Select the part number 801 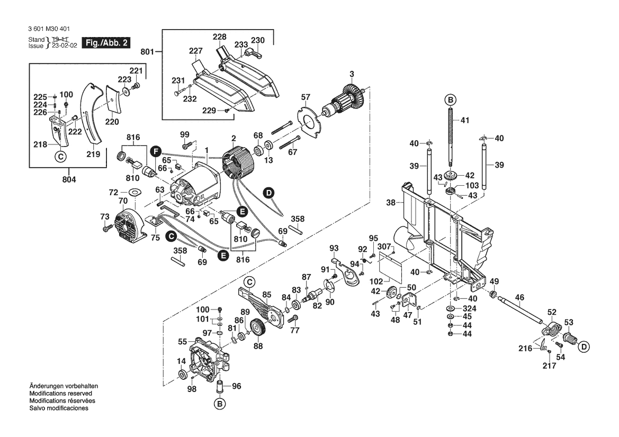(x=147, y=52)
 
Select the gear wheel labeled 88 (x=258, y=331)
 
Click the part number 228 (x=219, y=37)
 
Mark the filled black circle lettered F (x=155, y=150)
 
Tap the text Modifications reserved (x=61, y=394)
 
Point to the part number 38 (x=391, y=203)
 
